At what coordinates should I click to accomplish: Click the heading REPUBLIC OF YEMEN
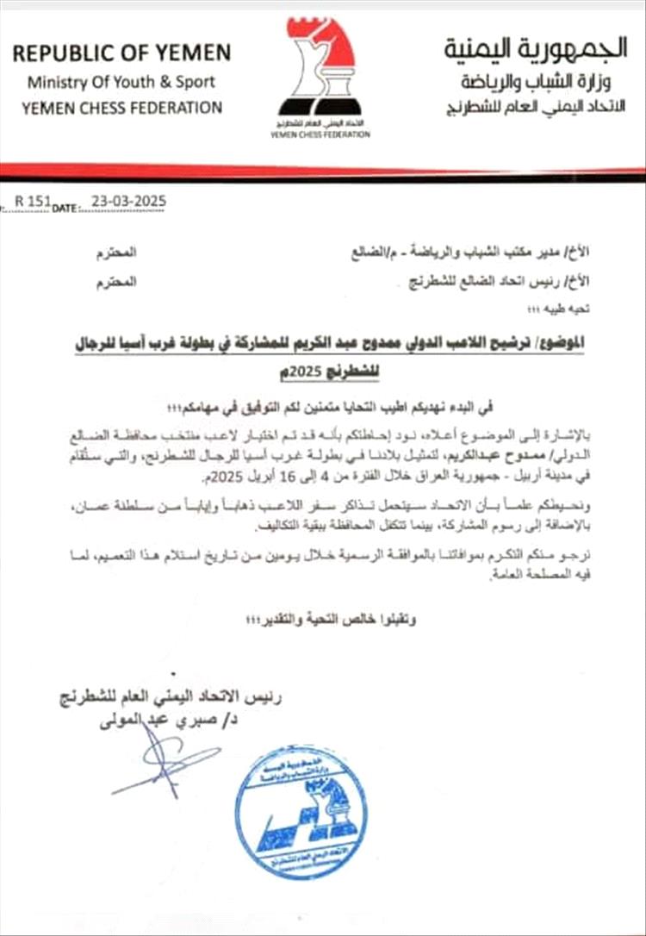pyautogui.click(x=121, y=53)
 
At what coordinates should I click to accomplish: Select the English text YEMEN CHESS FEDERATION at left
pyautogui.click(x=121, y=108)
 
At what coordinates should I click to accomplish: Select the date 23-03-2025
pyautogui.click(x=124, y=202)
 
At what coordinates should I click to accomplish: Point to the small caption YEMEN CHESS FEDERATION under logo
pyautogui.click(x=320, y=134)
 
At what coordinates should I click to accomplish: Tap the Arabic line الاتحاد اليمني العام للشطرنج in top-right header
pyautogui.click(x=534, y=110)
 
